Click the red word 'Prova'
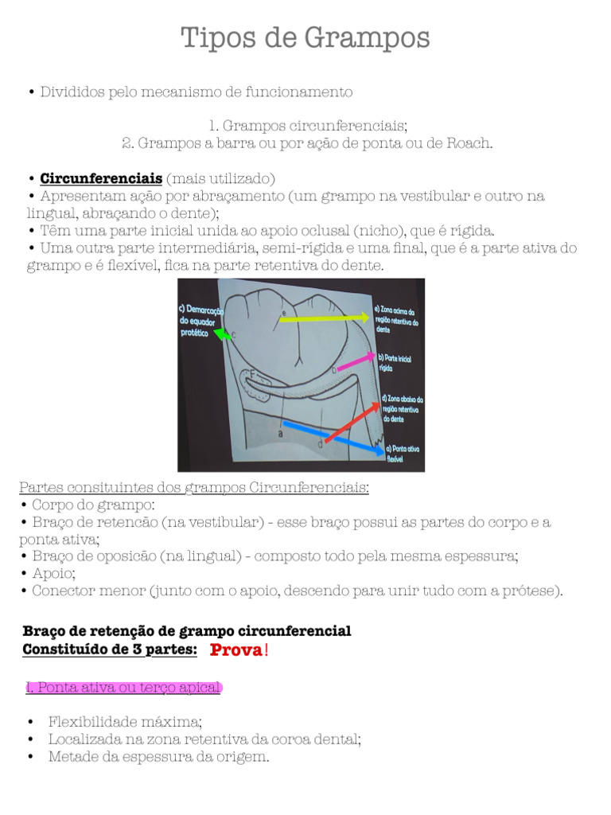pos(235,651)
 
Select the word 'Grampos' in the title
pos(373,37)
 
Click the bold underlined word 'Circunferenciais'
pos(101,177)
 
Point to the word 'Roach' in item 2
pos(470,143)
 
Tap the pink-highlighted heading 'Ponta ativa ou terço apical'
pos(123,688)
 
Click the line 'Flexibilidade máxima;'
pos(125,722)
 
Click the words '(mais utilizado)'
pos(220,177)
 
